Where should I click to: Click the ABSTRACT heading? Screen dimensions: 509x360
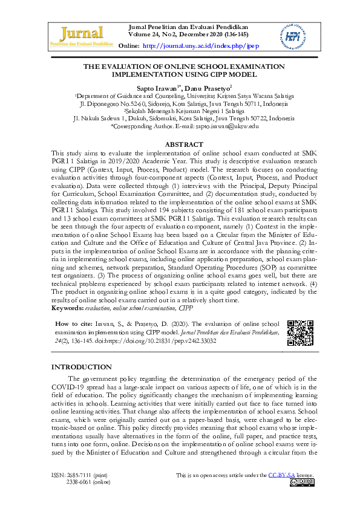click(x=183, y=145)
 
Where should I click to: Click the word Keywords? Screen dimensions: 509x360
click(x=67, y=308)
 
